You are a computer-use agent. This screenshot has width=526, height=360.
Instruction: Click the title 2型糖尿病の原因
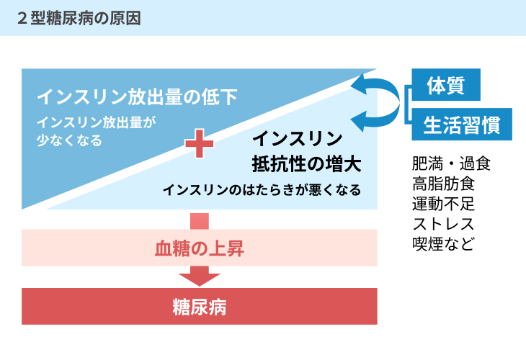pos(79,19)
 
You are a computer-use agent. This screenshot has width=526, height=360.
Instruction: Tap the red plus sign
pos(200,144)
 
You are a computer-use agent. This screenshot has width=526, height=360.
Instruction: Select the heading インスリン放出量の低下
pos(137,97)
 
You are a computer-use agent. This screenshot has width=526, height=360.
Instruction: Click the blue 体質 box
pos(446,85)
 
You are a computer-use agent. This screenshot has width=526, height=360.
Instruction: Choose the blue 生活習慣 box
pos(462,125)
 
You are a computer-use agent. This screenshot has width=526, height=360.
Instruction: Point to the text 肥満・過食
pos(452,164)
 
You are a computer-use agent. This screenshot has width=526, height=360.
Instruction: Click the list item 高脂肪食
pos(444,184)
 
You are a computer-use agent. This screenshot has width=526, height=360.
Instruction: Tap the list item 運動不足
pos(443,204)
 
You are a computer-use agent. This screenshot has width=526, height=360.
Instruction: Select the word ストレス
pos(443,224)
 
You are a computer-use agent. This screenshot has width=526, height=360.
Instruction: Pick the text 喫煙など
pos(443,243)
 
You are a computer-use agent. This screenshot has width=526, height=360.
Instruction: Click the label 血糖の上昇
pos(200,249)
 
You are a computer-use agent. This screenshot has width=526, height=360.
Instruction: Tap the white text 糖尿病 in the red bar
pos(200,307)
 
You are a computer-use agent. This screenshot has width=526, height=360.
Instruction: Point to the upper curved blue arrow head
pos(359,84)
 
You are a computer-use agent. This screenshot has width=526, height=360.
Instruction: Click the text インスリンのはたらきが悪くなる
pos(262,190)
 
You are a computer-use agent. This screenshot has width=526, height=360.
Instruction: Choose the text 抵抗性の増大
pos(307,164)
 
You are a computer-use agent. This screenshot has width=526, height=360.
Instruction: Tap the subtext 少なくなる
pos(69,140)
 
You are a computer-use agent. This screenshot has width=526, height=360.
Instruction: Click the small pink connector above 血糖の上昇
pos(200,221)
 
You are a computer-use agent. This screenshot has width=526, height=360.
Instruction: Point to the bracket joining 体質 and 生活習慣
pos(408,104)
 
